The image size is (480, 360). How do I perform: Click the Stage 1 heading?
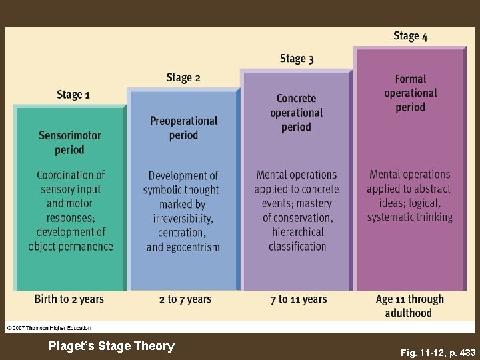(73, 95)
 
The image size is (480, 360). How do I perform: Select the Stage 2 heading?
(183, 77)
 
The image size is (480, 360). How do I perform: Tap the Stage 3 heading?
(297, 59)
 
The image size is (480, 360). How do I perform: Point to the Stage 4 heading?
(411, 36)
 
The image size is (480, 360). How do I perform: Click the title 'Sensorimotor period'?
(70, 143)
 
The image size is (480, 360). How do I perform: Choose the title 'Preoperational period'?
(183, 128)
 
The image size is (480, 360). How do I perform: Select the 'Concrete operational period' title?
(297, 113)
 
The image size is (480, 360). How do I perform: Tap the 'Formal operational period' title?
(411, 93)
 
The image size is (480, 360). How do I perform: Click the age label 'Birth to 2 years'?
(69, 299)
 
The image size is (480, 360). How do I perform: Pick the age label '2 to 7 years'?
(185, 299)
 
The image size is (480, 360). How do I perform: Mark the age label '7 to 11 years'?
(299, 299)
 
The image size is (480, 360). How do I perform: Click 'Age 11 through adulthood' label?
(409, 306)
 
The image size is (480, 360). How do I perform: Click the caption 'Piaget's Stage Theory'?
(112, 346)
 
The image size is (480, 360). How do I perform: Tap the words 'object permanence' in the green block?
(71, 246)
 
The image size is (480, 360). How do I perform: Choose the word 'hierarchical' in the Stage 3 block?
(297, 232)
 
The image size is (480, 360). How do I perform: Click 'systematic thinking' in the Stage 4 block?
(409, 217)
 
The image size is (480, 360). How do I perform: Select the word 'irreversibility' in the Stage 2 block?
(183, 219)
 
